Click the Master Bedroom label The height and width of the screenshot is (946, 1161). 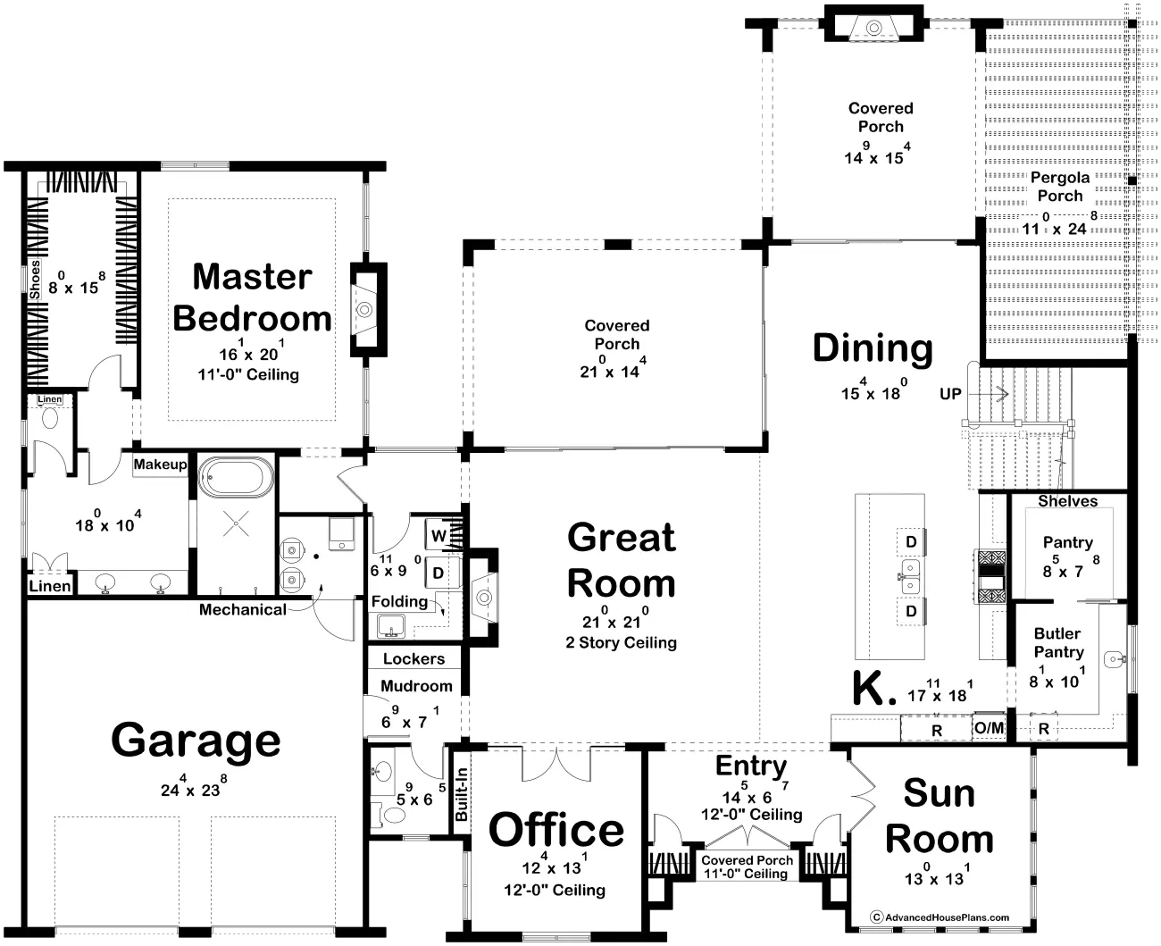pos(253,297)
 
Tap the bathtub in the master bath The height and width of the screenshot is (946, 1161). pos(236,477)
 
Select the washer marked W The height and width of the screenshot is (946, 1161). pos(438,535)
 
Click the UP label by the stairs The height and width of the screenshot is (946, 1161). pos(950,394)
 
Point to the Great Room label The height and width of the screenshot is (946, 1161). pos(622,560)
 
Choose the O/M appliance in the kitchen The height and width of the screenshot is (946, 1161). pos(989,728)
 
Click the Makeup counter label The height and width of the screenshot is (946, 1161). pos(160,465)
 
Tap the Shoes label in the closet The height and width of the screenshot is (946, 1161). pos(35,280)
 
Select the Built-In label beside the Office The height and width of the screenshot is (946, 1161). pos(461,794)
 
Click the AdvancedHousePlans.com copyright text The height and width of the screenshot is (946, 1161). pos(940,917)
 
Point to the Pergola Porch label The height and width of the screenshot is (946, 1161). pos(1059,187)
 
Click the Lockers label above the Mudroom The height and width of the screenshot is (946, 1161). pos(413,658)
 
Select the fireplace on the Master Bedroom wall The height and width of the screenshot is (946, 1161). pos(368,310)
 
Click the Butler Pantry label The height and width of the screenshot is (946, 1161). pos(1058,643)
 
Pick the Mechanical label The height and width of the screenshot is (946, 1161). pos(243,609)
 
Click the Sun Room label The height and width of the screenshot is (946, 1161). pos(940,816)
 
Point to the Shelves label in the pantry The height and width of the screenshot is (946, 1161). pos(1067,501)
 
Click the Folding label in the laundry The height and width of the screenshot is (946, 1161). pos(399,601)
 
